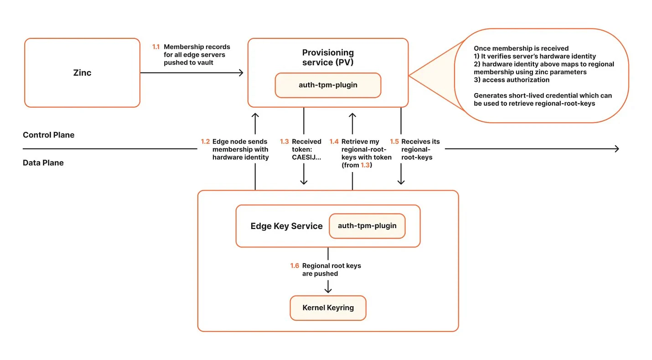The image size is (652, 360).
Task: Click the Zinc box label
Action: (82, 73)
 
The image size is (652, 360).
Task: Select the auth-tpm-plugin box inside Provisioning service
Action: (328, 85)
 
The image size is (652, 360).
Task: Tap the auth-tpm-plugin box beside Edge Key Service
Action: (367, 226)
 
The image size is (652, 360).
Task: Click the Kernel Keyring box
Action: (328, 308)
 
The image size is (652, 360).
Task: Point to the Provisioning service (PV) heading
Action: (328, 57)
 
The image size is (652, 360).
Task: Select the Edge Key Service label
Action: (286, 226)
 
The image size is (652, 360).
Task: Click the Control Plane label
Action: (49, 135)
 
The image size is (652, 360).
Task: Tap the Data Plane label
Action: (43, 162)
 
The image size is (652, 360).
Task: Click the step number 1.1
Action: (156, 47)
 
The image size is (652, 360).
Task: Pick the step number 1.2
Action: (205, 141)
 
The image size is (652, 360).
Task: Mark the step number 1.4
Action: (334, 141)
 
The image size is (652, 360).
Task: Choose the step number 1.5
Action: (394, 141)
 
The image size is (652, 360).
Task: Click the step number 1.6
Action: (295, 266)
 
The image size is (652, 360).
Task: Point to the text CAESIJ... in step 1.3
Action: (306, 157)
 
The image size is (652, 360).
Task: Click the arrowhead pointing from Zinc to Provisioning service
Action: (241, 73)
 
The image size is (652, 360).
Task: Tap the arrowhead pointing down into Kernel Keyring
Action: (328, 290)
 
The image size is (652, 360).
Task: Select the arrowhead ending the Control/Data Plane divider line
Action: (616, 149)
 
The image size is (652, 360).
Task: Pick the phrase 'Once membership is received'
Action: (521, 48)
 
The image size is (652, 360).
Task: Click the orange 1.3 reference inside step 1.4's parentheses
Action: (365, 165)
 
